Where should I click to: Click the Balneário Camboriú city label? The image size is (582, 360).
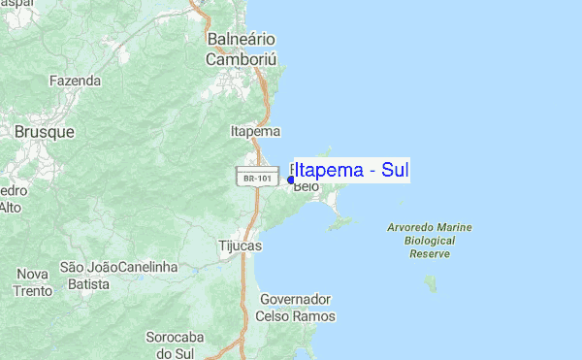tap(242, 49)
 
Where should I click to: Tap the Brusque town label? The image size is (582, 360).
tap(39, 129)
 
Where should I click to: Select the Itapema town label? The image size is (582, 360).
tap(256, 131)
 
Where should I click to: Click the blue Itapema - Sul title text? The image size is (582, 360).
tap(351, 171)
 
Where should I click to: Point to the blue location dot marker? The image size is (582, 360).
tap(291, 180)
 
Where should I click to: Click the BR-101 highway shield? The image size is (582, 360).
tap(251, 179)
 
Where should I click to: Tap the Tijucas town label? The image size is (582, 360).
tap(241, 246)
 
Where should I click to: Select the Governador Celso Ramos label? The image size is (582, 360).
tap(296, 308)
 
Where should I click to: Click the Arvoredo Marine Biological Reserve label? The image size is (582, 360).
tap(430, 240)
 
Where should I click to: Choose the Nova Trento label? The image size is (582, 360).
tap(32, 282)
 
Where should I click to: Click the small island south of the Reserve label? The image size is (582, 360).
tap(430, 282)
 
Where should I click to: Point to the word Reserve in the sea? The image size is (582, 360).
tap(430, 253)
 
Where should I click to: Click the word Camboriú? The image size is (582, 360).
tap(242, 59)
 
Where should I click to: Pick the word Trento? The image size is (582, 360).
tap(32, 291)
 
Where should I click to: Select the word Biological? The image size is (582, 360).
tap(430, 240)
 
